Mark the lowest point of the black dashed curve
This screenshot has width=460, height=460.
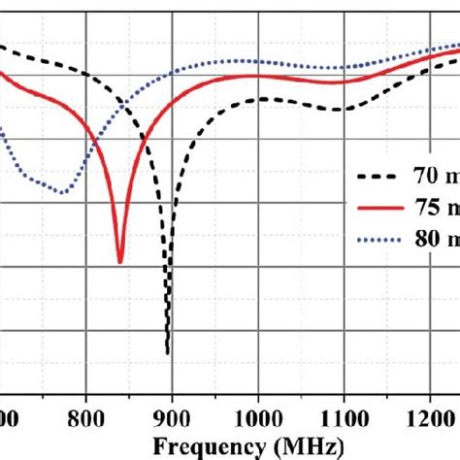169,352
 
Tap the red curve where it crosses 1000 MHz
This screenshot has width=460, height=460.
257,76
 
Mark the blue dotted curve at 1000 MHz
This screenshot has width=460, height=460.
257,63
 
